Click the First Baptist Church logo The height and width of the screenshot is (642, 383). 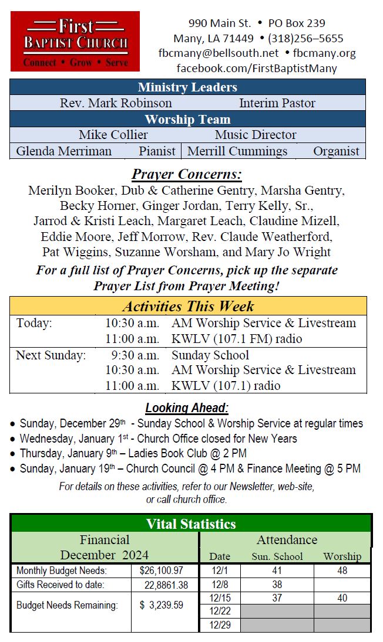point(75,42)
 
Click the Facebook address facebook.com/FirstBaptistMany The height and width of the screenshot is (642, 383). point(257,69)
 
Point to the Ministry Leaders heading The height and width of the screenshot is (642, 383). point(187,87)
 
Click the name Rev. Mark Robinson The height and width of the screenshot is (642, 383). point(116,103)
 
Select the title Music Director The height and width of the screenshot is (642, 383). point(256,135)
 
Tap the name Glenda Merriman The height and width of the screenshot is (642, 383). point(63,151)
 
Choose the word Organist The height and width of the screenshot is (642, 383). point(336,151)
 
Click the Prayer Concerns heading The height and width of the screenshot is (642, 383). point(187,175)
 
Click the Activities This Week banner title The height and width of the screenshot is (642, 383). point(188,306)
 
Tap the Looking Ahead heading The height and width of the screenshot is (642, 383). point(187,408)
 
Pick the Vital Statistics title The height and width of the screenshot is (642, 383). point(191,524)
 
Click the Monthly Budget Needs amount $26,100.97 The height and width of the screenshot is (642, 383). point(162,570)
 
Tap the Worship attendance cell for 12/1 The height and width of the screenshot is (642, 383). point(342,570)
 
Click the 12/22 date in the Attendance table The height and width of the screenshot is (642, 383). point(220,612)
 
